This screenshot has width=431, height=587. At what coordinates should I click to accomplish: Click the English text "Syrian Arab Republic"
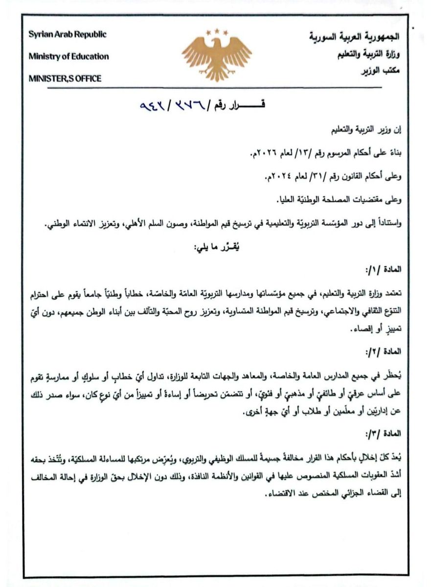67,35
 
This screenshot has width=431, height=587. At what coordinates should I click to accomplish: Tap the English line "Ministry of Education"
68,56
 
